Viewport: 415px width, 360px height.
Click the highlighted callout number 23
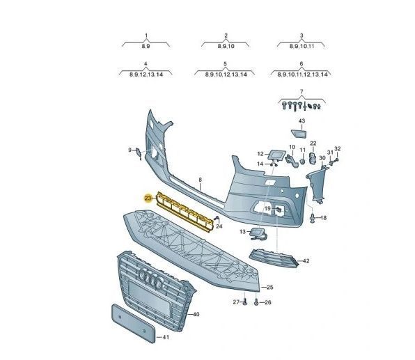(x=148, y=198)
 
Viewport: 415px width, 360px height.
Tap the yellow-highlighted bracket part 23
(x=185, y=211)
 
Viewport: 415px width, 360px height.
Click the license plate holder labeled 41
(x=133, y=323)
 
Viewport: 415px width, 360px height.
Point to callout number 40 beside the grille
(x=196, y=314)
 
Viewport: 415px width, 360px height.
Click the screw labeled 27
(x=245, y=302)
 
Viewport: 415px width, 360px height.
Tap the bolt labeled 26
(x=256, y=302)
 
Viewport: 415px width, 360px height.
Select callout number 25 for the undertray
(x=269, y=287)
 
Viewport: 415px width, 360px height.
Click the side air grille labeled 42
(x=274, y=258)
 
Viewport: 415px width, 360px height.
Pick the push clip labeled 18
(x=313, y=218)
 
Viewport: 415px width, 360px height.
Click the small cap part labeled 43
(x=299, y=134)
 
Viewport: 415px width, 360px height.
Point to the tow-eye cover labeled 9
(x=139, y=153)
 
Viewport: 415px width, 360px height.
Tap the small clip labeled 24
(x=217, y=219)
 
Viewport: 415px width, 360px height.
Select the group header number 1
(x=146, y=36)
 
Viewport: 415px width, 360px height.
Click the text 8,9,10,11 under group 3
(x=302, y=46)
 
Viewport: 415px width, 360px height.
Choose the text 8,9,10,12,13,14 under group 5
(x=226, y=75)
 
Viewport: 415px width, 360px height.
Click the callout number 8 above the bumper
(x=201, y=180)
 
